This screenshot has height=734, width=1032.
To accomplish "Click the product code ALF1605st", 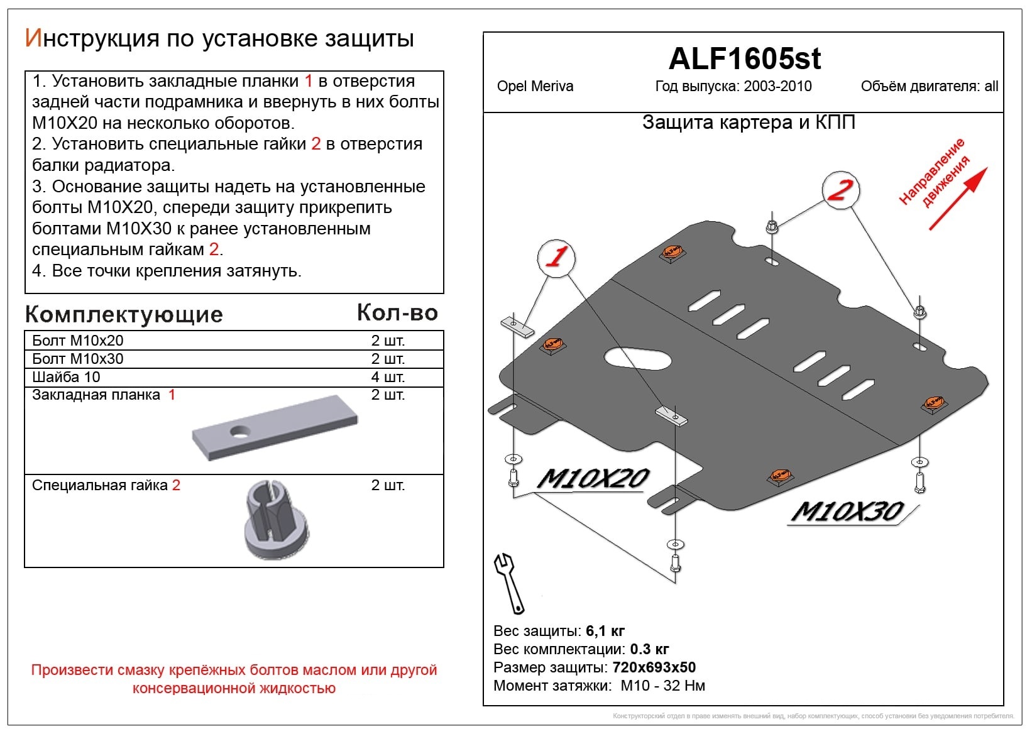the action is point(744,58).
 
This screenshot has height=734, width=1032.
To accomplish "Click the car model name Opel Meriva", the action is point(535,86).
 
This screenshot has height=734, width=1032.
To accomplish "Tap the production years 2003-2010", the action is point(777,86).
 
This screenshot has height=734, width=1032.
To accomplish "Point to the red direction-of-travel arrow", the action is point(958,199).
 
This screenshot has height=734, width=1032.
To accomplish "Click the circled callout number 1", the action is point(556,258).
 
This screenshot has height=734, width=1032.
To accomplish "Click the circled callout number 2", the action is point(840,190).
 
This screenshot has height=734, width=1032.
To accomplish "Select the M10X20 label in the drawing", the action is point(593,479).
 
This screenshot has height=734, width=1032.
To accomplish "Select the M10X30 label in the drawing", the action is point(847,511).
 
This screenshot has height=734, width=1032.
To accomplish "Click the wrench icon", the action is point(510,583).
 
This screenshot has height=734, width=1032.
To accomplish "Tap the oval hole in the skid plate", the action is point(638,359).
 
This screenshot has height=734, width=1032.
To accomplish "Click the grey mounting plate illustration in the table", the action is point(275,427).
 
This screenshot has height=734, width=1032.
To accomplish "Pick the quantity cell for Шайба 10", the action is point(388,377).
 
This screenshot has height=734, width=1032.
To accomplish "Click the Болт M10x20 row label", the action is point(78,341).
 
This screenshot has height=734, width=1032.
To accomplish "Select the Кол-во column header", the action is point(397,313).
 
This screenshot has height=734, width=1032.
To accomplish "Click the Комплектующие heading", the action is point(124,315).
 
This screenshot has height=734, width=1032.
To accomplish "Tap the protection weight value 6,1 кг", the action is point(605,631).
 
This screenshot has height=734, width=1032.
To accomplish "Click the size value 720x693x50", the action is point(654,667).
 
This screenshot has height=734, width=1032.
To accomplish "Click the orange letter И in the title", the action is point(34,38).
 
